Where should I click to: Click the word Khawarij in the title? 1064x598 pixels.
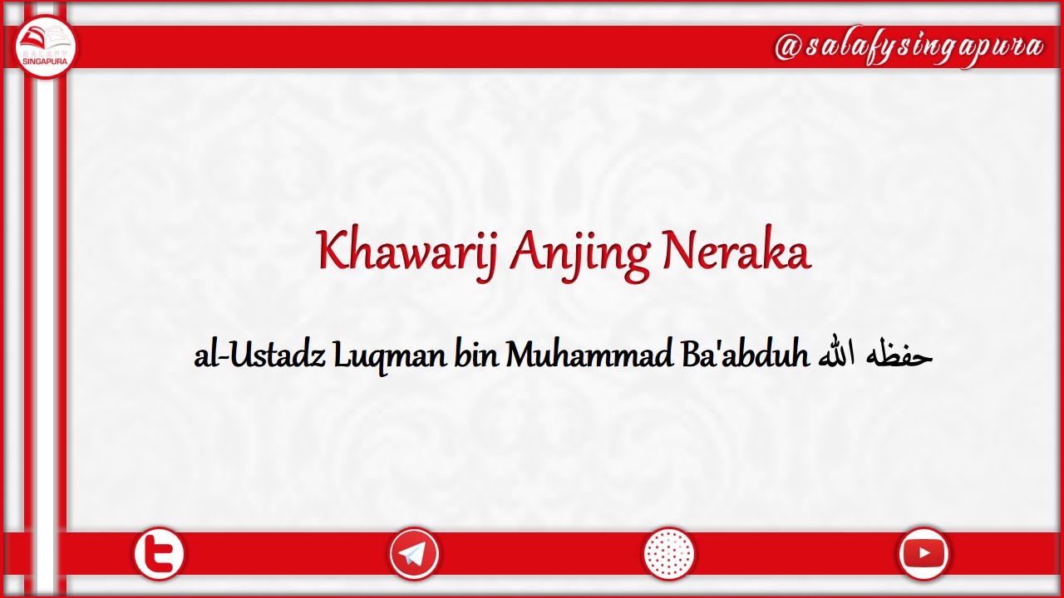406,251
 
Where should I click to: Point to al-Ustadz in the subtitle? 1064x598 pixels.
259,355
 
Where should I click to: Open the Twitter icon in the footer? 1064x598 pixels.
159,553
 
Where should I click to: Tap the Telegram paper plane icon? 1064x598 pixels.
414,553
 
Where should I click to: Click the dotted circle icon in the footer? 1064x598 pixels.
669,553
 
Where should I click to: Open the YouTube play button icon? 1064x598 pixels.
924,553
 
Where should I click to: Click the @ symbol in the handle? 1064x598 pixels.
787,47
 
